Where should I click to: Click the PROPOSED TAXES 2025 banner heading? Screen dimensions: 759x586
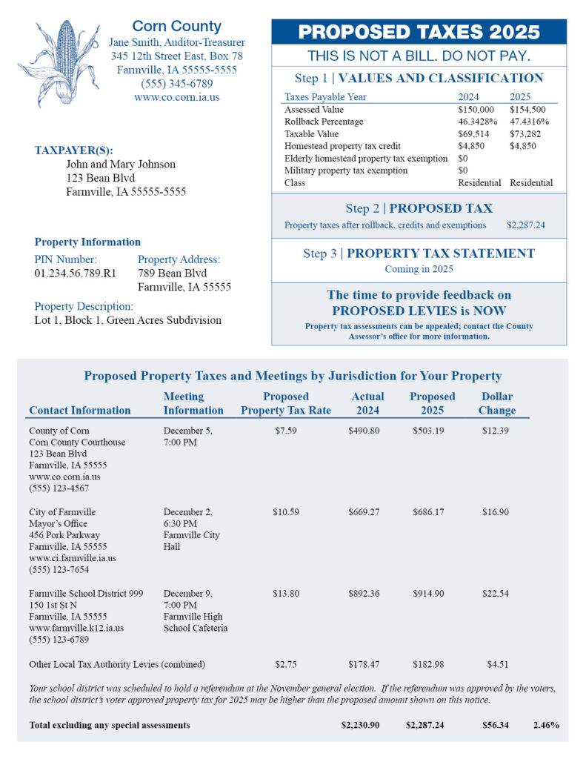[x=419, y=32]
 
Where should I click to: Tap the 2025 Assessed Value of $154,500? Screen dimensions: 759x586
[x=527, y=110]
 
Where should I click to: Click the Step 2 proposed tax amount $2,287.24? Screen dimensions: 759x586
[x=526, y=225]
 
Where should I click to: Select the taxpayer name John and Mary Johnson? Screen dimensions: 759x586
[x=121, y=165]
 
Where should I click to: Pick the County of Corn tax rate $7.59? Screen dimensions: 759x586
[x=285, y=431]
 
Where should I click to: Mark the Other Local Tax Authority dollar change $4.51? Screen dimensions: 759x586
[x=496, y=664]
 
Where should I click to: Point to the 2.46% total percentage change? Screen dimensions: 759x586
[x=545, y=725]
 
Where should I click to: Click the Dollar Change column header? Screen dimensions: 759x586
[x=496, y=403]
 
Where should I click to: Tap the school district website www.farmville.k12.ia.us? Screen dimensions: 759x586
[x=76, y=628]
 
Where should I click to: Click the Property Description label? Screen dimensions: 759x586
[x=84, y=306]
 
